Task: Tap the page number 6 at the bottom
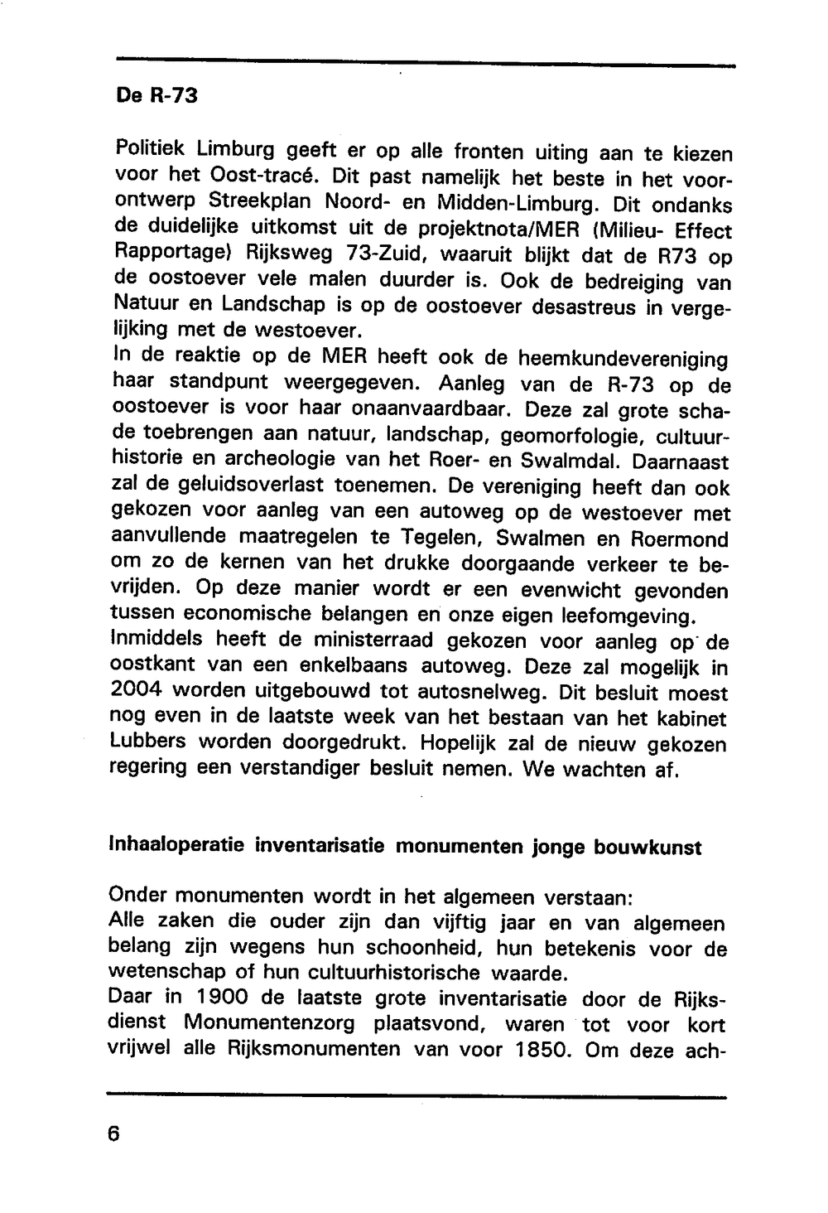point(114,1133)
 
